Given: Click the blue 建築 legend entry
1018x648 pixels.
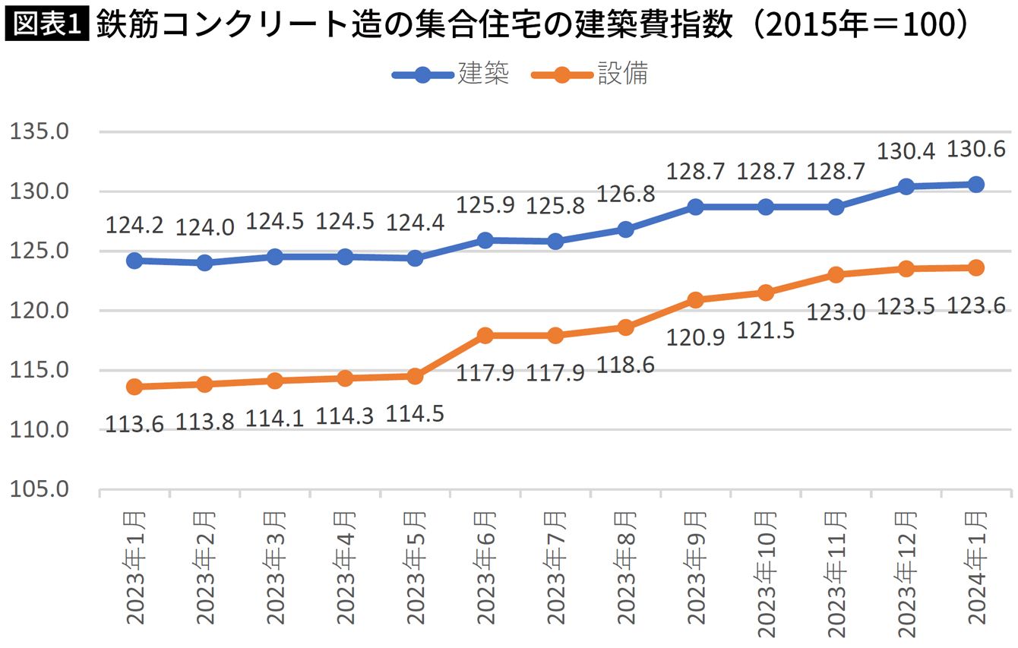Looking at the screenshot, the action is click(451, 74).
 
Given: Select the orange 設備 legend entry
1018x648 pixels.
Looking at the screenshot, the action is click(590, 74).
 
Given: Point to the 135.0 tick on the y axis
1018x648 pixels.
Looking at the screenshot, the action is click(39, 131).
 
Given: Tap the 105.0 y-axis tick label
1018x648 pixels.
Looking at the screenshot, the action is click(39, 489).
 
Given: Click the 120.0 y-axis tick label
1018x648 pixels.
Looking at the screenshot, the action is click(39, 311).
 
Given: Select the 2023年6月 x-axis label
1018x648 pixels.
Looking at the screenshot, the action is click(485, 568).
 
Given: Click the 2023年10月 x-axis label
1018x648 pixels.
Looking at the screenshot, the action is click(767, 575).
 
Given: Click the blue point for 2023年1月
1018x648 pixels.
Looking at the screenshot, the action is click(134, 261).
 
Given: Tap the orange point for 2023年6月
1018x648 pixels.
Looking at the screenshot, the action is click(485, 336).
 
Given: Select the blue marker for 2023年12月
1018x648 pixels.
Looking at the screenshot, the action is click(906, 186).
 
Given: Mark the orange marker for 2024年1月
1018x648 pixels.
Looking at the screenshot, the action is click(976, 267).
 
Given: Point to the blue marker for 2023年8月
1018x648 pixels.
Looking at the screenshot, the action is click(626, 229).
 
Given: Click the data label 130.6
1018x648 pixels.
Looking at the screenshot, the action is click(975, 149).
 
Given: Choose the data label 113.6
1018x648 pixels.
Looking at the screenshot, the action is click(134, 425).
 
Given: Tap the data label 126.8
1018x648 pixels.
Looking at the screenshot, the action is click(625, 194).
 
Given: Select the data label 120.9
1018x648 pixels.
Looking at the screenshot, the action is click(695, 337).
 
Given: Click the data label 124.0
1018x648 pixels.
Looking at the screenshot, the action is click(204, 228).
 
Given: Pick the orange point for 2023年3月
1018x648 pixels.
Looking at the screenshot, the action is click(275, 381).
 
